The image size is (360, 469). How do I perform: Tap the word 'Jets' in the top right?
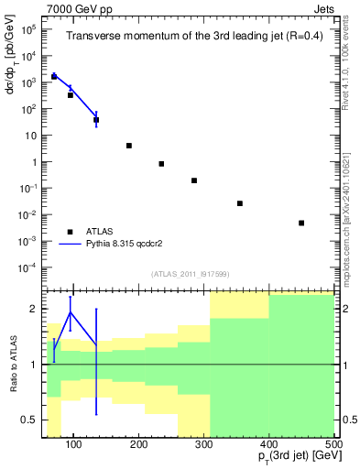tap(322, 7)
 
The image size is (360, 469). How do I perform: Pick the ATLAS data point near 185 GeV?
tap(129, 146)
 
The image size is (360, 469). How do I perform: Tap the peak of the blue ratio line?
tap(71, 312)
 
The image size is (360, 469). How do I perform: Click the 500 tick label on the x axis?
tap(333, 445)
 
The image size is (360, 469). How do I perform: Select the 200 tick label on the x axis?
tap(139, 445)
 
